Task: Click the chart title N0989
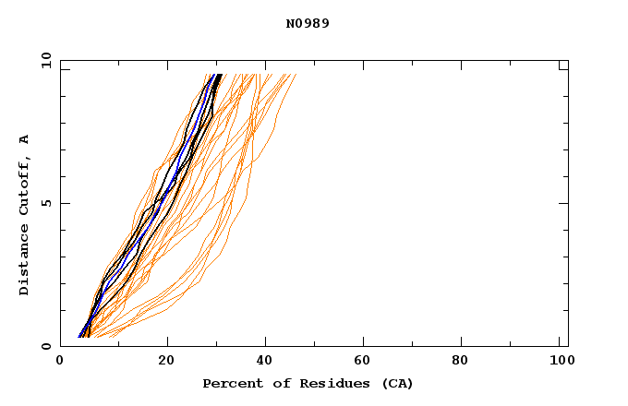coord(308,23)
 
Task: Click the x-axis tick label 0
coord(60,360)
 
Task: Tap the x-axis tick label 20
coord(166,360)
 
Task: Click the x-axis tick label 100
coord(560,360)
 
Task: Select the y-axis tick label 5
coord(45,203)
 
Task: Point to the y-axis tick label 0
coord(45,346)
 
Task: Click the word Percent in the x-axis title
coord(228,383)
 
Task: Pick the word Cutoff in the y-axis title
coord(24,180)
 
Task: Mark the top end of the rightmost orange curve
coord(296,75)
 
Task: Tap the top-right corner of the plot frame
coord(568,60)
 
